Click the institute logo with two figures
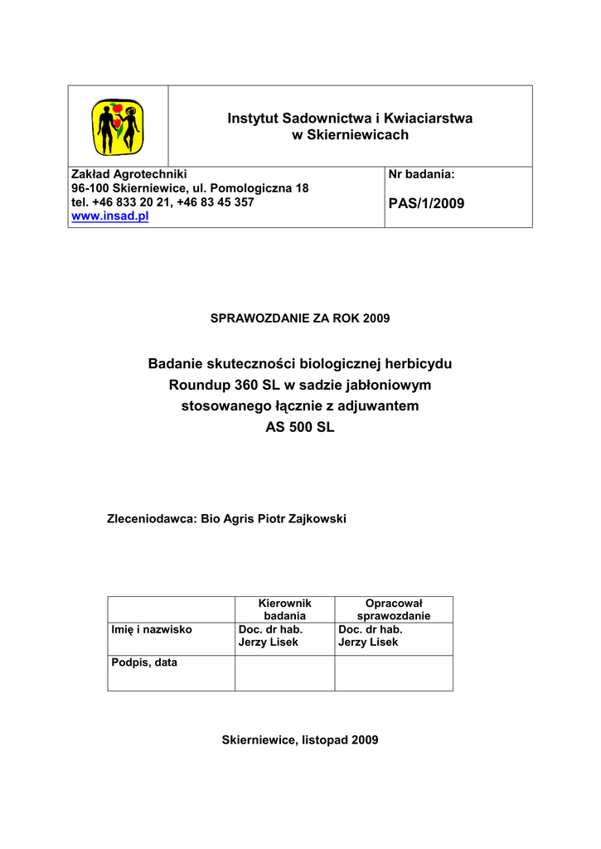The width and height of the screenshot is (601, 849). tap(117, 126)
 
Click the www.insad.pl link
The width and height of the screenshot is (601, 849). tap(109, 216)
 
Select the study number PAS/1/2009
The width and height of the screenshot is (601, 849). tap(426, 203)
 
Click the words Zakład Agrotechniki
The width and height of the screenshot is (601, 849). tap(129, 174)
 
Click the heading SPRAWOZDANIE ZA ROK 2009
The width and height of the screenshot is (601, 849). tap(300, 318)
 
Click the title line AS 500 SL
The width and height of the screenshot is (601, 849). tap(300, 428)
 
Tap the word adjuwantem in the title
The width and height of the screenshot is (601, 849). tap(376, 406)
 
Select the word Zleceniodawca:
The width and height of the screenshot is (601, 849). tap(153, 519)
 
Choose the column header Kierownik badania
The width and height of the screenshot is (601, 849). tap(284, 609)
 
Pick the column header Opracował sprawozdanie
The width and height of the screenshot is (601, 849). tap(394, 609)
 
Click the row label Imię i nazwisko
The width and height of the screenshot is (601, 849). tap(152, 629)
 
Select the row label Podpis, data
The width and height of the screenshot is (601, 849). tap(144, 663)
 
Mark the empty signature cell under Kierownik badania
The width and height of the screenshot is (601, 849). tap(284, 672)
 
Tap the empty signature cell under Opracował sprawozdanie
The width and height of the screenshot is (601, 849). tap(394, 672)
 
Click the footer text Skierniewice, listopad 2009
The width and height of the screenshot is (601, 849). tap(300, 739)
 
